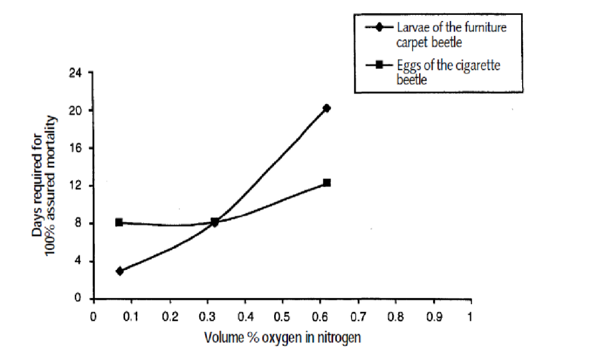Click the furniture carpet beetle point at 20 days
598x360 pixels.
click(327, 108)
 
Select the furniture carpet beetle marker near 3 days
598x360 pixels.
click(120, 271)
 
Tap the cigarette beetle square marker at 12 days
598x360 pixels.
click(327, 182)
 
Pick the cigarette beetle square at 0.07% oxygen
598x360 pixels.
click(119, 222)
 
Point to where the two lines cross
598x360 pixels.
click(215, 223)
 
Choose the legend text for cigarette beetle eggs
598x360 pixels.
click(448, 72)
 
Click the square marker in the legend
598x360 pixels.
click(380, 65)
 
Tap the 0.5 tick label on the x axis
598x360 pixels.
click(282, 317)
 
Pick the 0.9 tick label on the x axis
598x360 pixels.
click(434, 317)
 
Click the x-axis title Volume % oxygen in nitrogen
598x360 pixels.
click(282, 337)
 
